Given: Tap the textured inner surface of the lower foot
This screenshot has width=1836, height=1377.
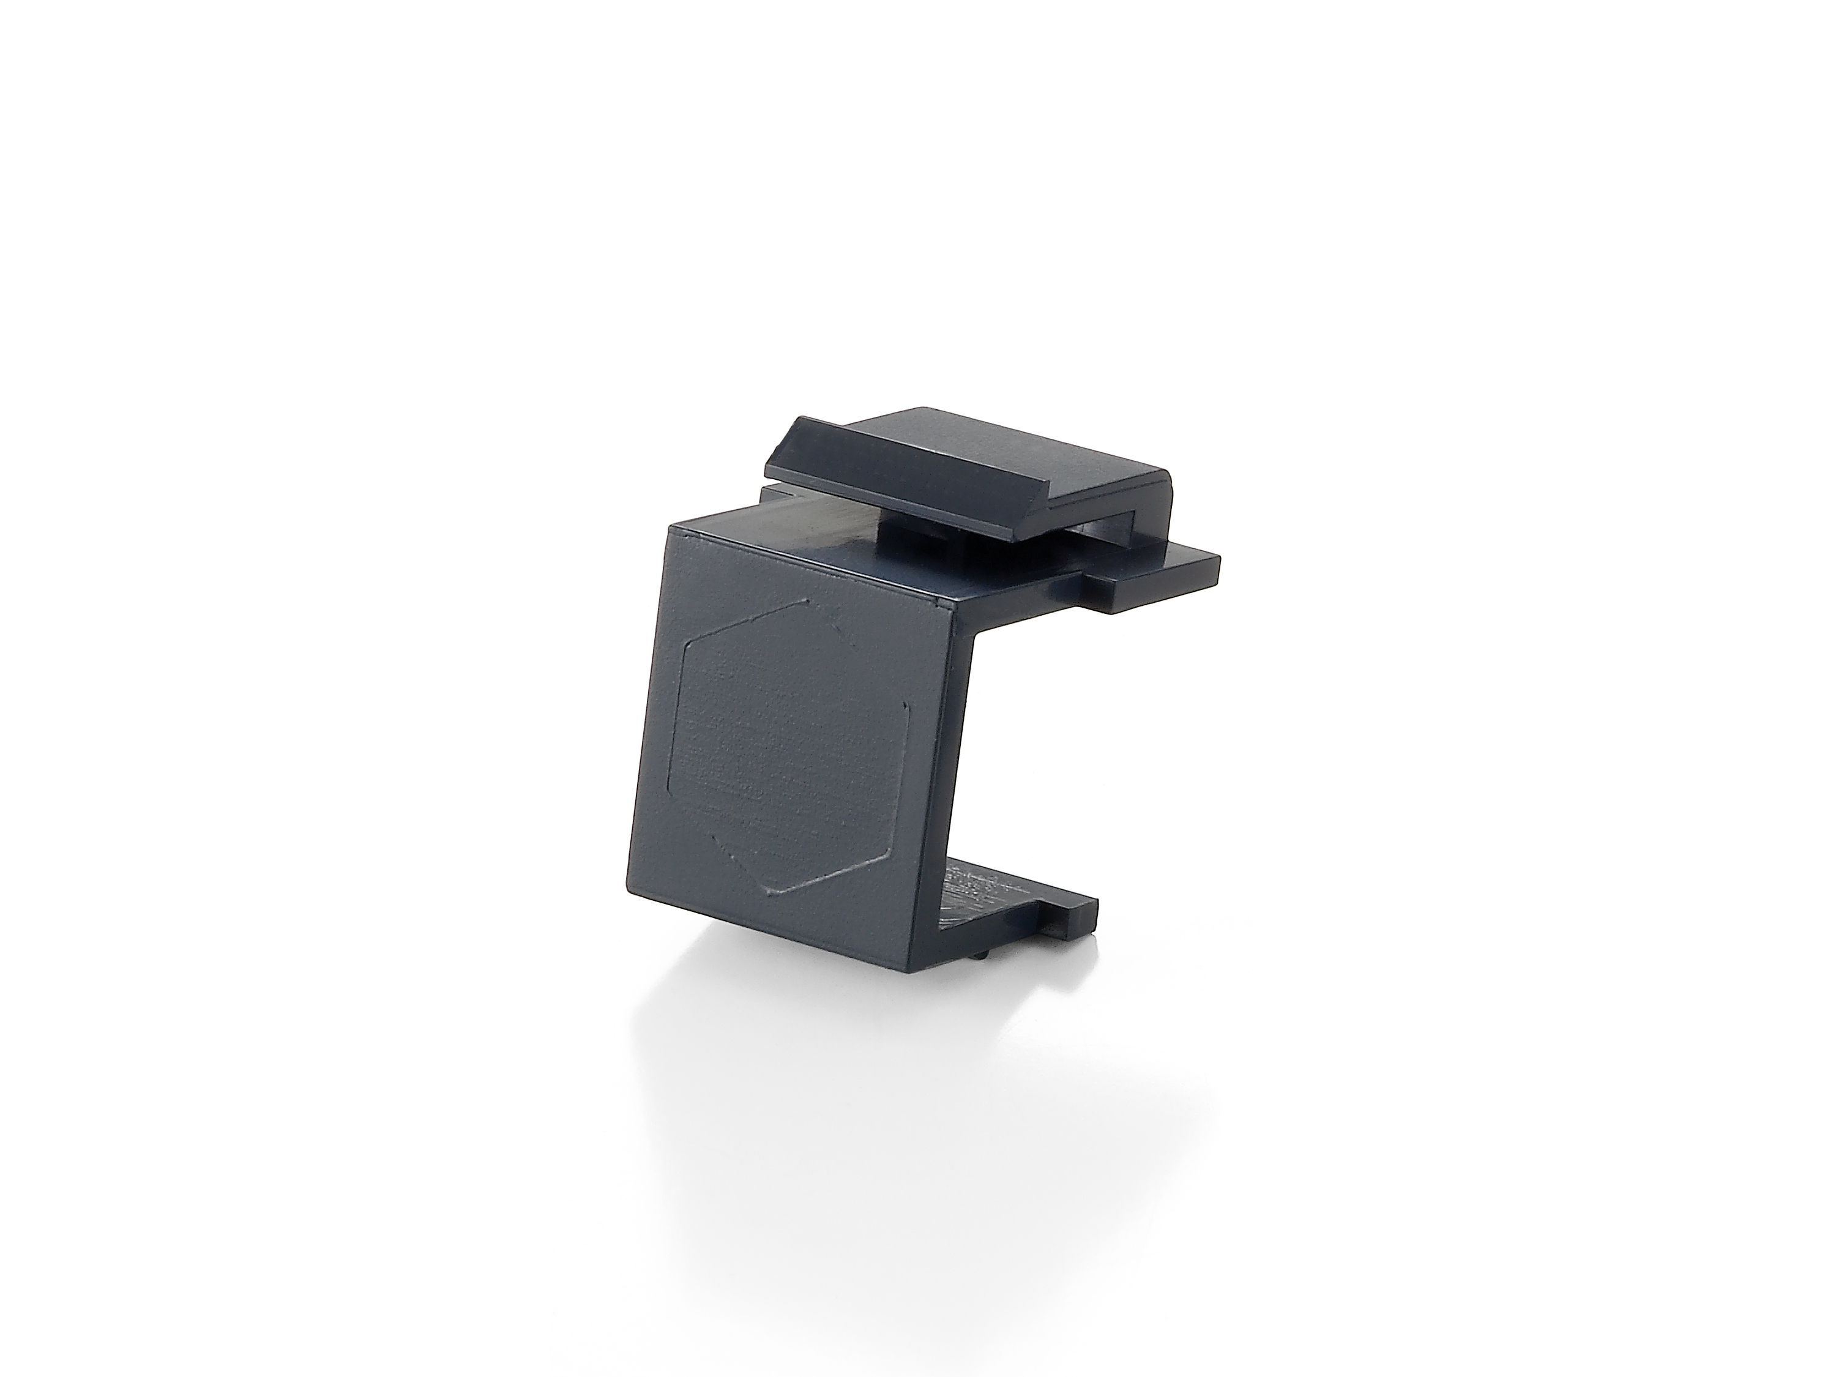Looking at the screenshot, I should pyautogui.click(x=971, y=901).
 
